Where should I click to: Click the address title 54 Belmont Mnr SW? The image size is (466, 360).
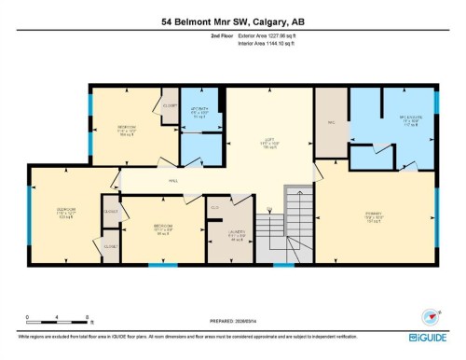tap(232, 20)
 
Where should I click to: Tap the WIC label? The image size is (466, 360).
tap(330, 121)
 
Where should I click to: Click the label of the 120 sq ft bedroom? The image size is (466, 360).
tap(65, 213)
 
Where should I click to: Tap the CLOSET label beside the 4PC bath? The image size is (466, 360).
tap(170, 105)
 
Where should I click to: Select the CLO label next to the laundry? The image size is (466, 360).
tap(214, 207)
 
